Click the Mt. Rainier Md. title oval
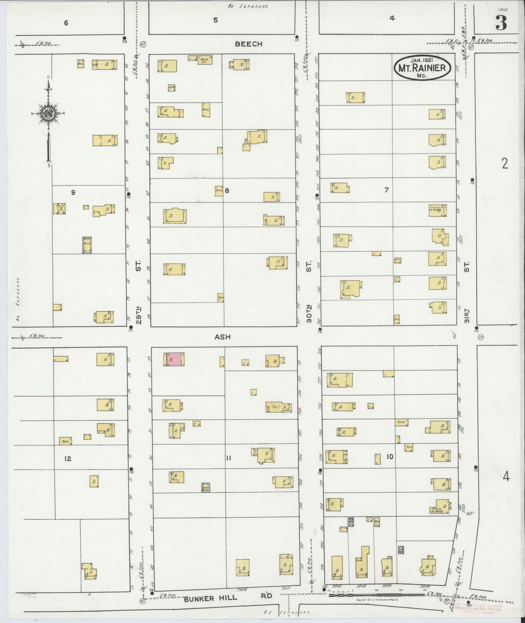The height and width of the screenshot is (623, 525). [x=423, y=67]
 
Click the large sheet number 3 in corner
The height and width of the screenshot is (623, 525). [x=501, y=24]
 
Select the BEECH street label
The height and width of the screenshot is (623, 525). [x=248, y=44]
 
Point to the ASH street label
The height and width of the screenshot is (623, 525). [x=222, y=337]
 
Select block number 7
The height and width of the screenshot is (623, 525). [x=386, y=190]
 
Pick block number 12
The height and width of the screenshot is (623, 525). [x=68, y=459]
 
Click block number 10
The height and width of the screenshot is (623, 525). [x=390, y=457]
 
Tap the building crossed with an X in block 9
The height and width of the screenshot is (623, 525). [x=60, y=209]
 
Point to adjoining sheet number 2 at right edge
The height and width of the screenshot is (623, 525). [x=505, y=164]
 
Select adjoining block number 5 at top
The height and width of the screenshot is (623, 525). [x=215, y=20]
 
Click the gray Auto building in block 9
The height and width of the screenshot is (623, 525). [x=87, y=245]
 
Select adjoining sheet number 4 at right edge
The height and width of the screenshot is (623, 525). [x=506, y=477]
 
